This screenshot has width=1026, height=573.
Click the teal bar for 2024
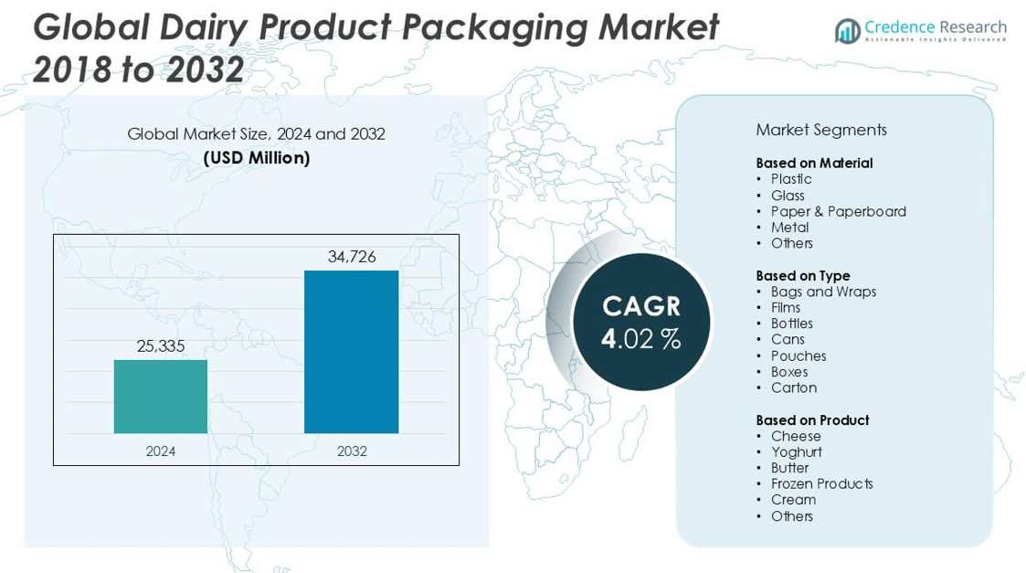[x=161, y=397]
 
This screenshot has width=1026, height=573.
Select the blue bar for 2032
[x=351, y=352]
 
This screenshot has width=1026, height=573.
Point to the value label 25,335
[x=161, y=345]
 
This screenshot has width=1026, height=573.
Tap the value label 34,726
[x=352, y=257]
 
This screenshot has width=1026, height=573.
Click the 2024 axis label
[x=161, y=451]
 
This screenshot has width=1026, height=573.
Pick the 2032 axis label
[x=352, y=451]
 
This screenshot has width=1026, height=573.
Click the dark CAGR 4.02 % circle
[x=641, y=322]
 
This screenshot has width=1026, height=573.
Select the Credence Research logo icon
[x=847, y=31]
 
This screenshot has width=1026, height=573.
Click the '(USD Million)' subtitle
[x=257, y=158]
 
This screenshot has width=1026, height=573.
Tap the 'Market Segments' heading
[x=821, y=130]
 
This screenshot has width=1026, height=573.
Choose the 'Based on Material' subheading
[x=814, y=163]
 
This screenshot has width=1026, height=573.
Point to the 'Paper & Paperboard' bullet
[x=838, y=211]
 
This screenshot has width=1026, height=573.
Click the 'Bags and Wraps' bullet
[x=823, y=292]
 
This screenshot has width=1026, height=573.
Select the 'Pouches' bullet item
[x=798, y=355]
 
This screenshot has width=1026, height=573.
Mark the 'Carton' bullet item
[x=793, y=387]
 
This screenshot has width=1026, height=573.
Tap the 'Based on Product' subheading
[x=812, y=419]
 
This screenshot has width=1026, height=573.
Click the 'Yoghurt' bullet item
[x=796, y=451]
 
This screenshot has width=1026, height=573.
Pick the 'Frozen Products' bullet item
[x=821, y=483]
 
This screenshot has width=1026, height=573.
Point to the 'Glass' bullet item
[x=788, y=196]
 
